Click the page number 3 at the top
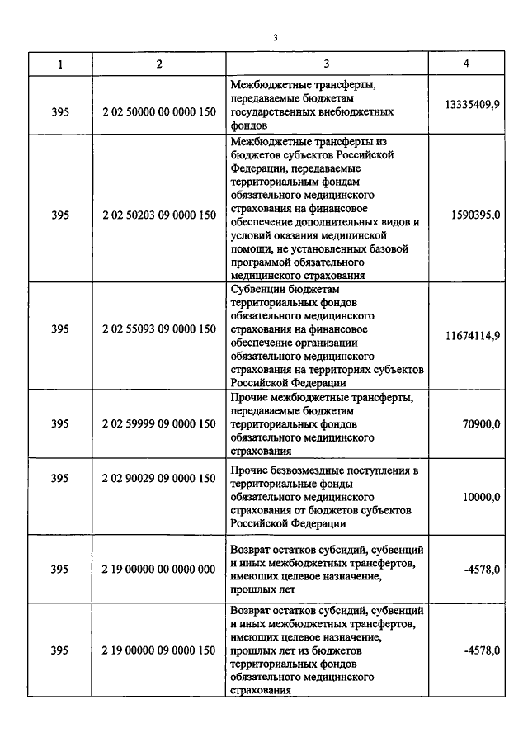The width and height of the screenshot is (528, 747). coord(276,37)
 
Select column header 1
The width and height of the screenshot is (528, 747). coord(59,64)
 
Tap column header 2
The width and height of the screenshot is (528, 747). coord(159,64)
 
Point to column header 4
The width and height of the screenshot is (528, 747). coord(467,64)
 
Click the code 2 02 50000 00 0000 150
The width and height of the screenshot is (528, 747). coord(159,105)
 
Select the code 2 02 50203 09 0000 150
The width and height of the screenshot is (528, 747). coord(159,215)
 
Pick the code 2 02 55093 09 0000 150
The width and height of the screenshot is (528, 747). coord(159,329)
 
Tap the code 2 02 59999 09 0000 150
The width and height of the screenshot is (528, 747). coord(159,423)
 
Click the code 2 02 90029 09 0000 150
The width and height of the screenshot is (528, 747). coord(159,478)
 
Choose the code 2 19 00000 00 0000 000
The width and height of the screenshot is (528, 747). coord(159,569)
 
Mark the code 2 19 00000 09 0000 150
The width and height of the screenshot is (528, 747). coord(159,650)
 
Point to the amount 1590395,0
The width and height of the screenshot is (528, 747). coord(476,215)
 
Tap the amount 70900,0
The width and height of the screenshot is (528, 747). coord(483,423)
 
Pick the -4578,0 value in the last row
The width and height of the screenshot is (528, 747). coord(483,650)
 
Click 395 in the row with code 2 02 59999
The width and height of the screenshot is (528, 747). coord(59,423)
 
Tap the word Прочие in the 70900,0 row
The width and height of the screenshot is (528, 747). coord(247,398)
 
